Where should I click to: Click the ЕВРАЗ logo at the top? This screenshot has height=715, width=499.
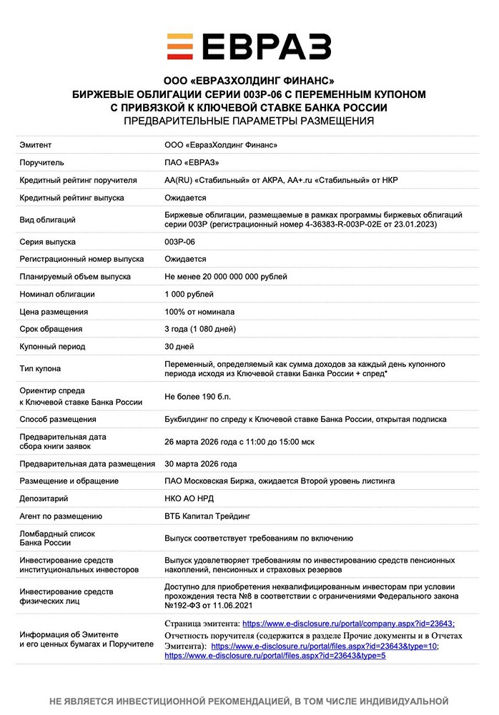(249, 46)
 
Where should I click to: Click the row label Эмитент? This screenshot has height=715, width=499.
(36, 145)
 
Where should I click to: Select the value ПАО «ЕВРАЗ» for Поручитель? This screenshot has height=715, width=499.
(192, 162)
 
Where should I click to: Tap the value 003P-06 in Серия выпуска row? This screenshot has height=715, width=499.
(179, 242)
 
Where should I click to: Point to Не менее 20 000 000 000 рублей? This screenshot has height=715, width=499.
(226, 277)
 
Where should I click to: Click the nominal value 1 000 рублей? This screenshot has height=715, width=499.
(189, 294)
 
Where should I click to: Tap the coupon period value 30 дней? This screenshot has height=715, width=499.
(179, 346)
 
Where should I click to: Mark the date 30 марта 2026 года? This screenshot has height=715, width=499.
(201, 463)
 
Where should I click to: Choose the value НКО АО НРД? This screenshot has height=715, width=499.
(189, 498)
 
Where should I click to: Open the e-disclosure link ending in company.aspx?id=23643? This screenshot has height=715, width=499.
(349, 623)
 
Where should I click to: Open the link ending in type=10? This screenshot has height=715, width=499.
(325, 646)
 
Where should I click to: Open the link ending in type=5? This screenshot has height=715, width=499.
(275, 656)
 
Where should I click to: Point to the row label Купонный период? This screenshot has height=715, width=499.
(52, 346)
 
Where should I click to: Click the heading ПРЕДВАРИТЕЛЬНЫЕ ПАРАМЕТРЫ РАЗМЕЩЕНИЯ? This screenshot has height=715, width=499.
(249, 122)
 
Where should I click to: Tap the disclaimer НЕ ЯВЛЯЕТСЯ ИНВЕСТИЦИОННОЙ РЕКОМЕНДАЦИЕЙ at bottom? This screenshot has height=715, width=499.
(249, 701)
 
